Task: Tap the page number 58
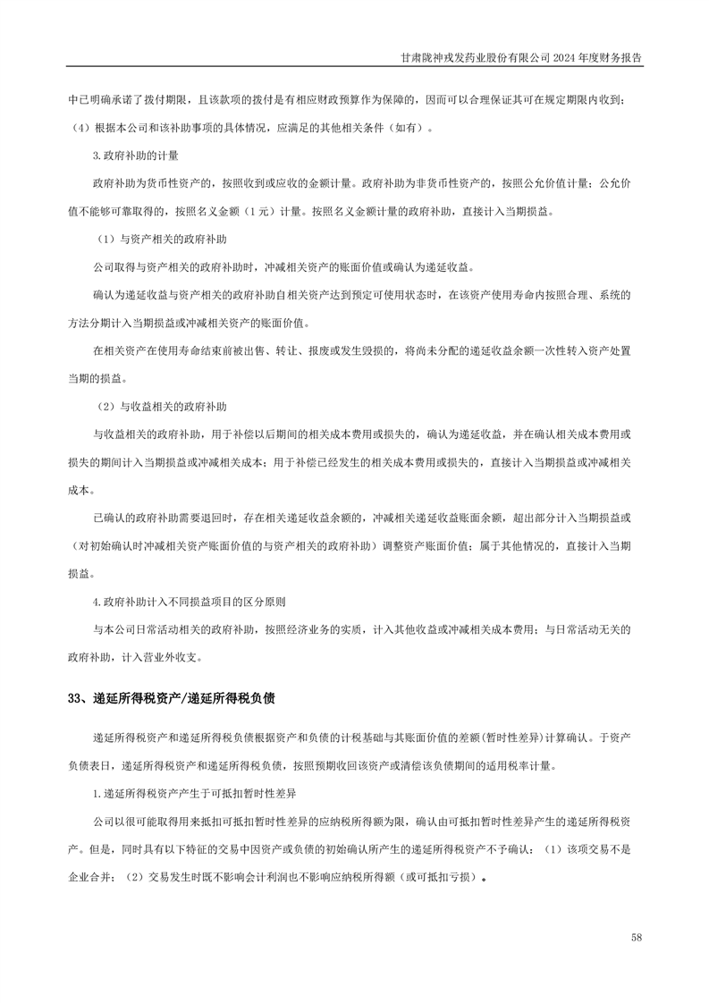tap(636, 937)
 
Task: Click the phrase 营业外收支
tap(175, 657)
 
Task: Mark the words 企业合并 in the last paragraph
tap(89, 877)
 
